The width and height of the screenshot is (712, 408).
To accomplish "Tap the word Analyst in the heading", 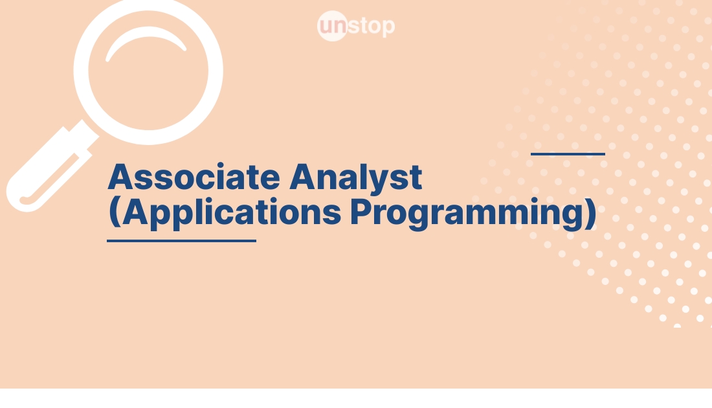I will [356, 177].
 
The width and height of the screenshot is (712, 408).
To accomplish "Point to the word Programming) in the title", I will [473, 213].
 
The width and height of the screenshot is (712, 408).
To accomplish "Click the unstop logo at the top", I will [356, 27].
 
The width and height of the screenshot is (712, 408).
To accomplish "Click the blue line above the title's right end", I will [568, 154].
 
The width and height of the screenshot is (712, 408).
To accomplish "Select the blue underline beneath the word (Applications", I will [181, 241].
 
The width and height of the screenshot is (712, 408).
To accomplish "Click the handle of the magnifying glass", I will [45, 168].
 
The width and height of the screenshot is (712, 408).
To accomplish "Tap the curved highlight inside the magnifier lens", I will [146, 44].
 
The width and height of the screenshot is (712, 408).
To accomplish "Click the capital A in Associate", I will [121, 177].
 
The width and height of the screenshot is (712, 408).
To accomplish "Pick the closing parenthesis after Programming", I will [588, 214].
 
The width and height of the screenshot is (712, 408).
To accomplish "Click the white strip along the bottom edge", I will [356, 398].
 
